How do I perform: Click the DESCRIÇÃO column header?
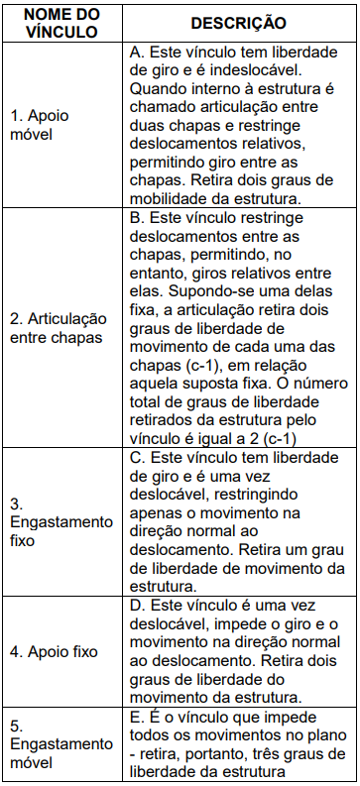[x=238, y=22]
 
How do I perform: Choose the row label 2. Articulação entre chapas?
[x=58, y=326]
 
